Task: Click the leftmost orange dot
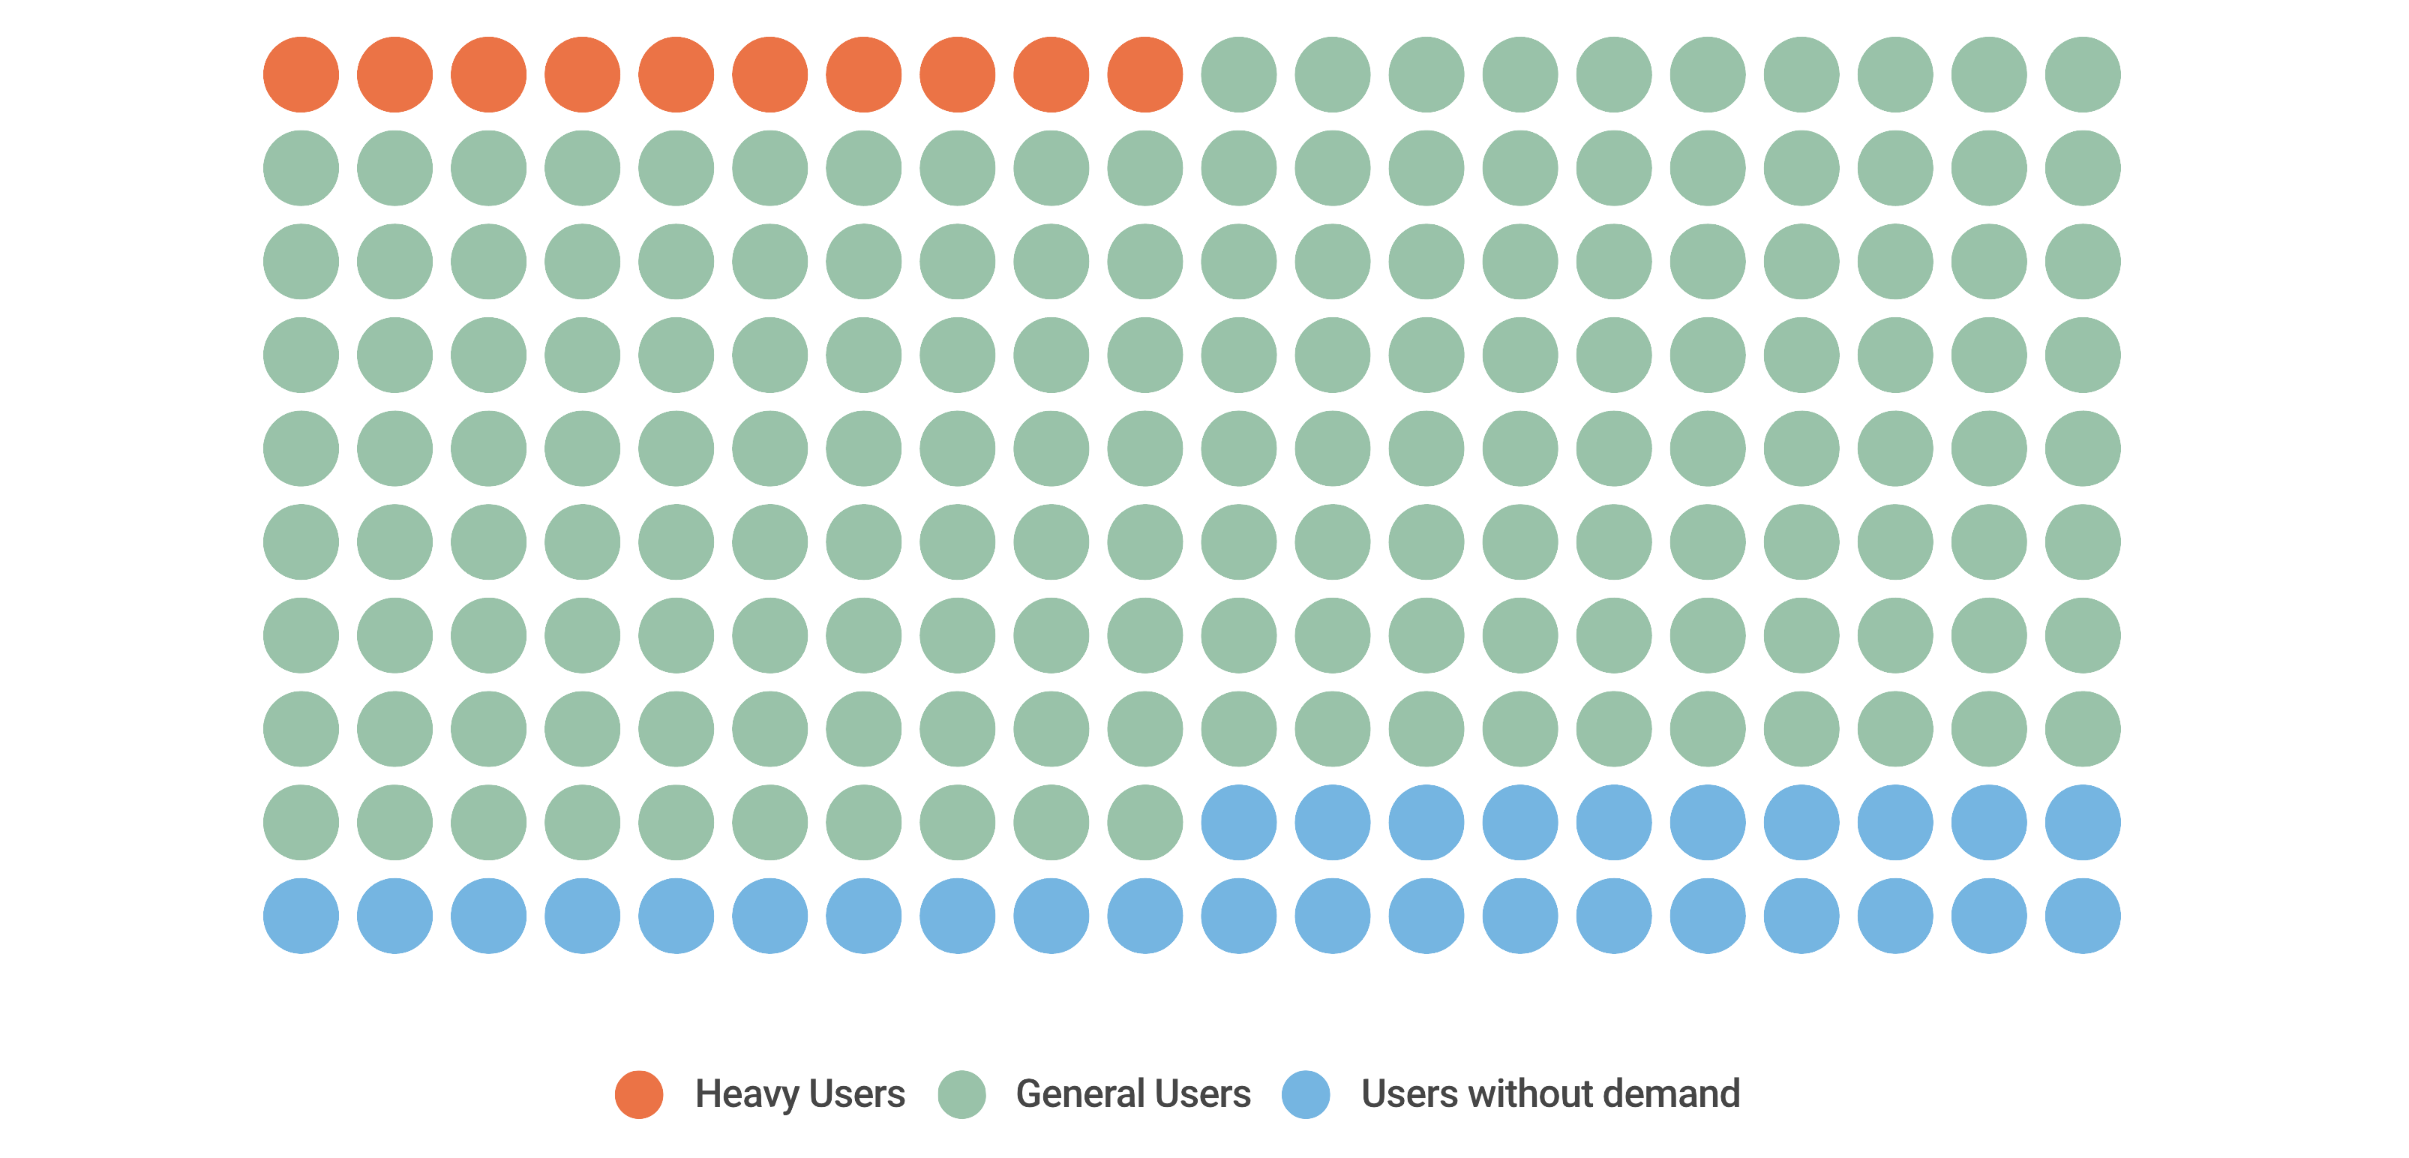(301, 75)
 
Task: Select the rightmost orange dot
(1144, 75)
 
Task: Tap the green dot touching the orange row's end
(1239, 75)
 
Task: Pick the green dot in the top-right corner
(2083, 75)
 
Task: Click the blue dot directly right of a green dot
(1239, 822)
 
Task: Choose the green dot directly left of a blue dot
(1144, 822)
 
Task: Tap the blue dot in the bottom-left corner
(301, 916)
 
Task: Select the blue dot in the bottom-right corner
(2083, 916)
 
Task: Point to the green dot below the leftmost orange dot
(301, 168)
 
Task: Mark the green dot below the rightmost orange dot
(1144, 168)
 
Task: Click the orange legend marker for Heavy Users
(639, 1094)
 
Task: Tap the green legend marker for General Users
(961, 1094)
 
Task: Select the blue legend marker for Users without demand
(1306, 1094)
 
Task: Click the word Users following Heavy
(856, 1094)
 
